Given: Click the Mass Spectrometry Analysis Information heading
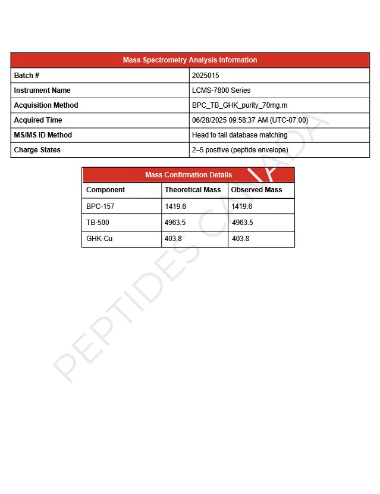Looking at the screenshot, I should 190,60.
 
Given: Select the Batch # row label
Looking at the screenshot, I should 27,76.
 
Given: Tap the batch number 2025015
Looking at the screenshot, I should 205,76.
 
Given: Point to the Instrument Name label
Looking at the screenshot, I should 42,90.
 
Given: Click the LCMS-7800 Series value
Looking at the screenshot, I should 221,90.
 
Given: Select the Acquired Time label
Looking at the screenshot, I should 37,120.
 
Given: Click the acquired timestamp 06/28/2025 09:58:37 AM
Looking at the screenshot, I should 250,120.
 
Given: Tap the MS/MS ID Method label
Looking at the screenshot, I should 43,135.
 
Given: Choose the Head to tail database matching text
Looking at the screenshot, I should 239,135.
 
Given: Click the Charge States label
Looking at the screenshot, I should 37,150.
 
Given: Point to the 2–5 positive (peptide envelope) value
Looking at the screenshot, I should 240,150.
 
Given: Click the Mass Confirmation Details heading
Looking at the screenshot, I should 189,175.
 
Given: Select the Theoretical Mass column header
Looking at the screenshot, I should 192,190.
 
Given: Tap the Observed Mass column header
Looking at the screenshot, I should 256,190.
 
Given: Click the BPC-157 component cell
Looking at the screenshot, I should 100,207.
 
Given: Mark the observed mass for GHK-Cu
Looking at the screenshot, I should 240,239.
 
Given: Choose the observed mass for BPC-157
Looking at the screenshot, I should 241,207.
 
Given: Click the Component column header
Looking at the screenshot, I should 105,190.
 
